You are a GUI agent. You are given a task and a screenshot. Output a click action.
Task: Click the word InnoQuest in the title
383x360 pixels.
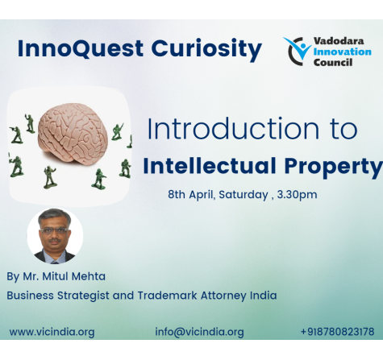[x=80, y=48]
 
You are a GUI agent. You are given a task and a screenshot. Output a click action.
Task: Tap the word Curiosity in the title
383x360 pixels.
[x=206, y=50]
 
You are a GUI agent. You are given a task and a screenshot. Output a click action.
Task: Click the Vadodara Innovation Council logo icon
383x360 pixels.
[x=297, y=51]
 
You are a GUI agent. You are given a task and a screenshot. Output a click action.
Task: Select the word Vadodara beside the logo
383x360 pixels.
[x=339, y=41]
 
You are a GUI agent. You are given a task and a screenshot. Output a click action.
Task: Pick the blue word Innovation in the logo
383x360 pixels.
[x=342, y=52]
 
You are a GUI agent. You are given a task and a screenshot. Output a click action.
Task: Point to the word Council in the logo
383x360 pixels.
[x=333, y=62]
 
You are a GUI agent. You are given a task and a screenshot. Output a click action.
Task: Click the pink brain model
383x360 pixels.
[x=73, y=134]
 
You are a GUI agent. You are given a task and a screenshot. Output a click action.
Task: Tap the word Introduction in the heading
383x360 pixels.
[x=233, y=129]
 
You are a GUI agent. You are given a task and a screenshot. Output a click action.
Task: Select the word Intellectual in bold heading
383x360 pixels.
[x=210, y=166]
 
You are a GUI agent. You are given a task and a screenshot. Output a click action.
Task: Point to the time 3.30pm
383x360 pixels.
[x=297, y=195]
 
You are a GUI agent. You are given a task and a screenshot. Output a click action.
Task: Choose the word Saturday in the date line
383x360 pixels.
[x=244, y=194]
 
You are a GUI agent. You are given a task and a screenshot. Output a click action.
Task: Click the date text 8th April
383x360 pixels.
[x=191, y=194]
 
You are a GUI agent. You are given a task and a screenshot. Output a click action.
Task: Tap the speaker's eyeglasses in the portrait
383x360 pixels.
[x=54, y=230]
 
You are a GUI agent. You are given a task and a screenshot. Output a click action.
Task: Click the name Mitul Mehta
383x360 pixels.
[x=74, y=276]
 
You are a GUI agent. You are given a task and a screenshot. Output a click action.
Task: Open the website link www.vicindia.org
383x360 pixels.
[x=52, y=332]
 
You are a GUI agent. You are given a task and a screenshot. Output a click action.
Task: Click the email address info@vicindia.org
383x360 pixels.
[x=199, y=332]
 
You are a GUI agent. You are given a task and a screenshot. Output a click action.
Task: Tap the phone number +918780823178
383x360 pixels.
[x=337, y=332]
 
